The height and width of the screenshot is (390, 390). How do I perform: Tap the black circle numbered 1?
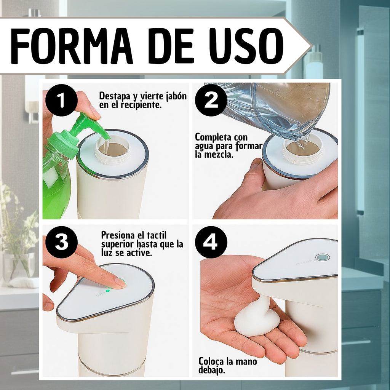pos(61,100)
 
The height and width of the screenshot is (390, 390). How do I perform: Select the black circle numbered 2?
pos(211,100)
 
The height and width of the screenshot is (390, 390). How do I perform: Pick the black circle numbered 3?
pos(61,242)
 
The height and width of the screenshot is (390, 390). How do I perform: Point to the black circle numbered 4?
pos(211,242)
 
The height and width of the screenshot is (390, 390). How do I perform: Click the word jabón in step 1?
pos(176,96)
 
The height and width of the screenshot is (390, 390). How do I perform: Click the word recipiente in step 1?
pos(141,105)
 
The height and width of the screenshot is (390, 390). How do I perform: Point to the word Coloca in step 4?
pos(211,361)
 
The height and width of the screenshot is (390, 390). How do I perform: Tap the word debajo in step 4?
pos(212,370)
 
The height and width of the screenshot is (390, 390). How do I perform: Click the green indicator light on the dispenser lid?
pos(108,291)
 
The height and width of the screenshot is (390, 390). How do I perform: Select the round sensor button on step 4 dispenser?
pos(323,257)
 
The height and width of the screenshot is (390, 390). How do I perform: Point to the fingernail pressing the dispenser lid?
pos(120,282)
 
